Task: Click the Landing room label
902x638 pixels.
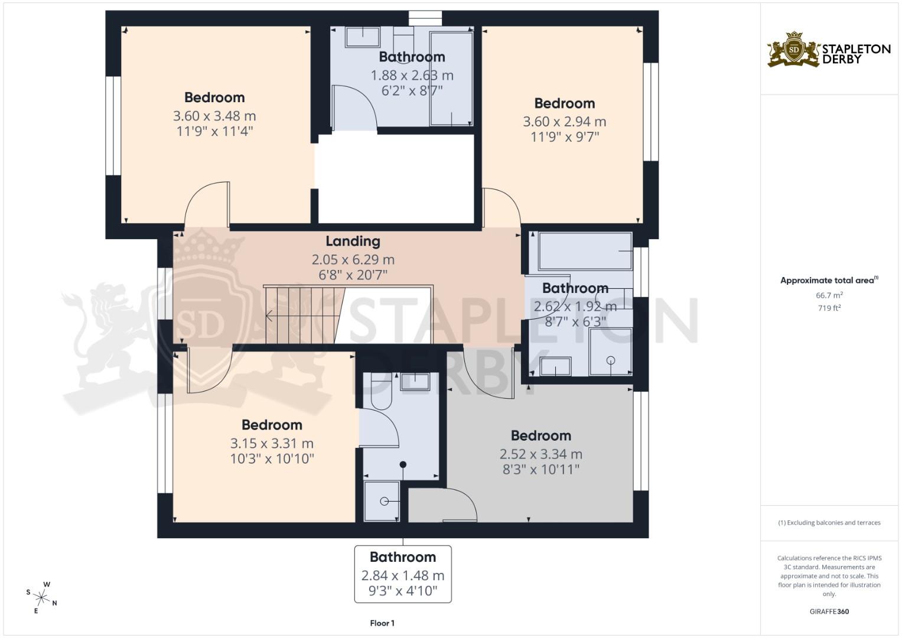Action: pyautogui.click(x=353, y=241)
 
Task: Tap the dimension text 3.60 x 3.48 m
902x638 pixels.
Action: pyautogui.click(x=214, y=116)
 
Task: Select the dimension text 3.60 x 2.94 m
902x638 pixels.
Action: pyautogui.click(x=564, y=122)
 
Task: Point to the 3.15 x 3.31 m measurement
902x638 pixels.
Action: pyautogui.click(x=272, y=443)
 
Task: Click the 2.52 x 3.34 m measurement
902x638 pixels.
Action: pyautogui.click(x=540, y=454)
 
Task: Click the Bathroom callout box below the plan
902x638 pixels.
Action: pyautogui.click(x=403, y=574)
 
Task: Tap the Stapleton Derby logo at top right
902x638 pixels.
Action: pyautogui.click(x=828, y=50)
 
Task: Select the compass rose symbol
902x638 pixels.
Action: pyautogui.click(x=41, y=597)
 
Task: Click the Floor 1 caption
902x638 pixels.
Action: pyautogui.click(x=382, y=623)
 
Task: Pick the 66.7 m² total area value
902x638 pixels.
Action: pyautogui.click(x=829, y=295)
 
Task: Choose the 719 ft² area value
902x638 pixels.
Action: pyautogui.click(x=829, y=308)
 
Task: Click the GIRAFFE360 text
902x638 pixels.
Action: pyautogui.click(x=829, y=611)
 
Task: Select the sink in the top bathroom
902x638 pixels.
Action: pyautogui.click(x=363, y=37)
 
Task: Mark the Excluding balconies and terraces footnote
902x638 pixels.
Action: pyautogui.click(x=829, y=523)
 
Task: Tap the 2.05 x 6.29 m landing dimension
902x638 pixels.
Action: pyautogui.click(x=353, y=259)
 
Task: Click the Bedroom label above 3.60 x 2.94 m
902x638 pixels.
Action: pyautogui.click(x=564, y=103)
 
